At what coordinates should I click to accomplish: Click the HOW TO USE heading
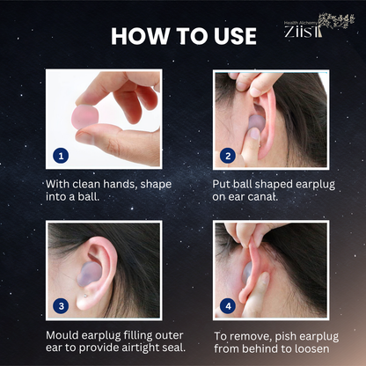(183, 36)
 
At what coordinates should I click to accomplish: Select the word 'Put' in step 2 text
(222, 185)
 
